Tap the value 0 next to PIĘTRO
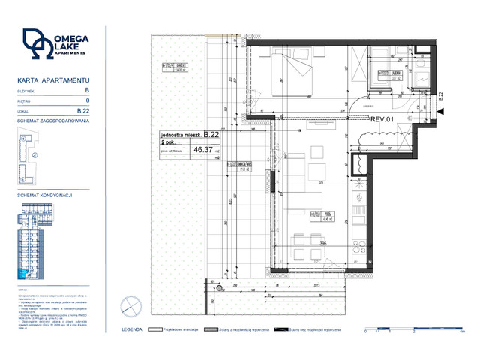[88, 100]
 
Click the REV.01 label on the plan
[383, 118]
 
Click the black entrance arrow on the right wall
[439, 112]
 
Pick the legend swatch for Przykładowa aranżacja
[157, 329]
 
